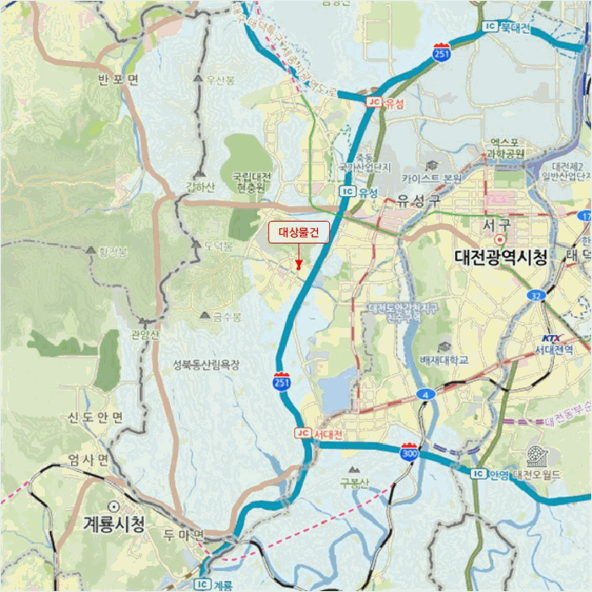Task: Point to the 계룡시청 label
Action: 114,523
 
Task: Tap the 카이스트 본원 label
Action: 431,178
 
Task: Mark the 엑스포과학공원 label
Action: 505,148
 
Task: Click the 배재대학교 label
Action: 443,359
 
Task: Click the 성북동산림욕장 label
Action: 206,365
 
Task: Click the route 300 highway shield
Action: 410,453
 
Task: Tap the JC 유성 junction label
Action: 386,103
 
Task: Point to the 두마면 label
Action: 184,535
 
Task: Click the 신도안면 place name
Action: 96,418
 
